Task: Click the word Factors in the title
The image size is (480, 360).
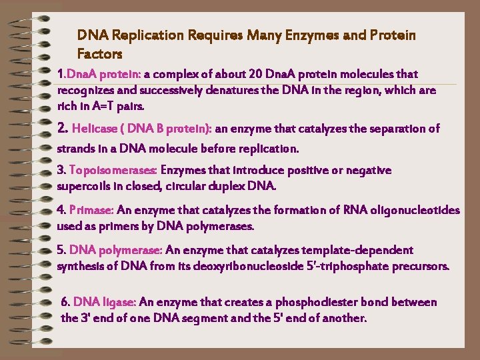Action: pyautogui.click(x=100, y=53)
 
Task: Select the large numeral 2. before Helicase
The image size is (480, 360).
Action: pyautogui.click(x=63, y=128)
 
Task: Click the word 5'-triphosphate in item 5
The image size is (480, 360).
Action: pyautogui.click(x=349, y=267)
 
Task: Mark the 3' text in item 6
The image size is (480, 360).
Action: pyautogui.click(x=87, y=318)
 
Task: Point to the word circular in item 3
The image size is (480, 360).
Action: pyautogui.click(x=201, y=185)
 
